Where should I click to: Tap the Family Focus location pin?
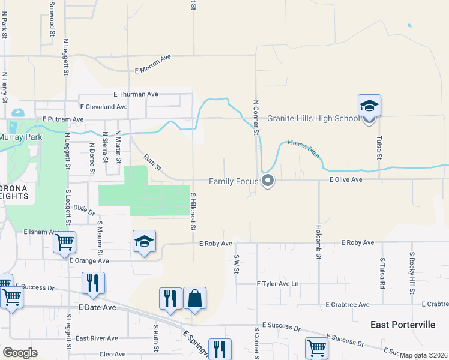268,180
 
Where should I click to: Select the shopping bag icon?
194,298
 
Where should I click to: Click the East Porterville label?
403,325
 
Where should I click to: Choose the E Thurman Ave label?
136,94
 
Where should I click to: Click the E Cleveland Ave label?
104,107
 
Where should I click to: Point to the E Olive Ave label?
345,179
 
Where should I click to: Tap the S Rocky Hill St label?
412,273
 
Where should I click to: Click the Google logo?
20,353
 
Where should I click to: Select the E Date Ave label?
97,307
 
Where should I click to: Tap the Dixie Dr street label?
84,209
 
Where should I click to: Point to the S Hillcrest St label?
193,211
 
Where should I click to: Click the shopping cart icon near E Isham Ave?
64,243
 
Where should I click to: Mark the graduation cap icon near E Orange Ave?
144,242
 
